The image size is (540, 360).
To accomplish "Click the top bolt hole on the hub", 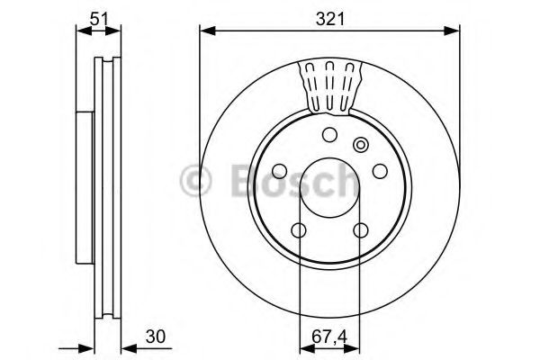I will click(329, 136).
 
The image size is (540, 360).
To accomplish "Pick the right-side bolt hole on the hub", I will click(379, 172).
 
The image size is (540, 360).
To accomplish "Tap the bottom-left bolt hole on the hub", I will click(299, 230).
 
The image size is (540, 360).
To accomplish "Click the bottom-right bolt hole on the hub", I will click(360, 230).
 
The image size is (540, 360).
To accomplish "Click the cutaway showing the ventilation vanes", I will click(329, 88).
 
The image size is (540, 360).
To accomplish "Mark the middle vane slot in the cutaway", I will click(329, 85).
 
